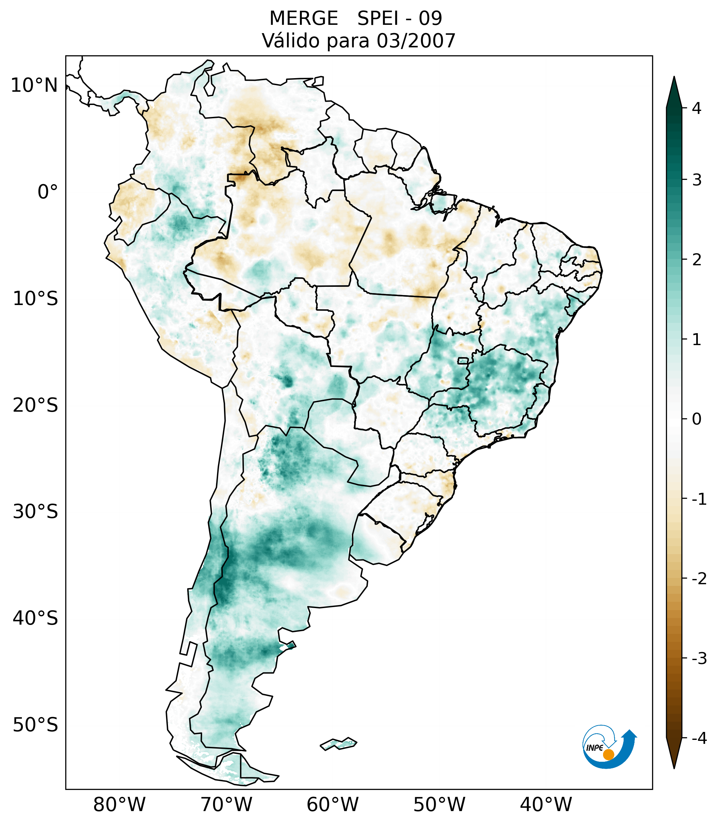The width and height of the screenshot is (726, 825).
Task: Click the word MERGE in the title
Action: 303,19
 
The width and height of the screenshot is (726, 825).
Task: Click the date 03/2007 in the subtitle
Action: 416,41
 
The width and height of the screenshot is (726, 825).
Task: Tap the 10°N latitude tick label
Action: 34,85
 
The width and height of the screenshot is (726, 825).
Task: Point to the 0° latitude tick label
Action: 48,192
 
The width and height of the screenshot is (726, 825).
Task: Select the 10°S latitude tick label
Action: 35,299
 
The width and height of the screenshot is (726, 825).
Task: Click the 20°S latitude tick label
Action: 35,405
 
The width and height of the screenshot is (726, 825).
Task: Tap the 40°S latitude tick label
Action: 35,618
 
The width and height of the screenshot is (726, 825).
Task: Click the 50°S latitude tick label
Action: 35,725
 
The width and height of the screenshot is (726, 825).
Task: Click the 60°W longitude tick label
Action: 332,804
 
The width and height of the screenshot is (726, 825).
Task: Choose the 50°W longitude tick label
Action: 439,804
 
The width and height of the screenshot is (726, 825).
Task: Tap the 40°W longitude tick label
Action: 546,804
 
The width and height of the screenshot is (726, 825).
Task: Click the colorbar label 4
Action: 697,108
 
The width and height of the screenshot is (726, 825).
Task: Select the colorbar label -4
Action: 699,739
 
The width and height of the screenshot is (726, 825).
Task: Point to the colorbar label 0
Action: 697,419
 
